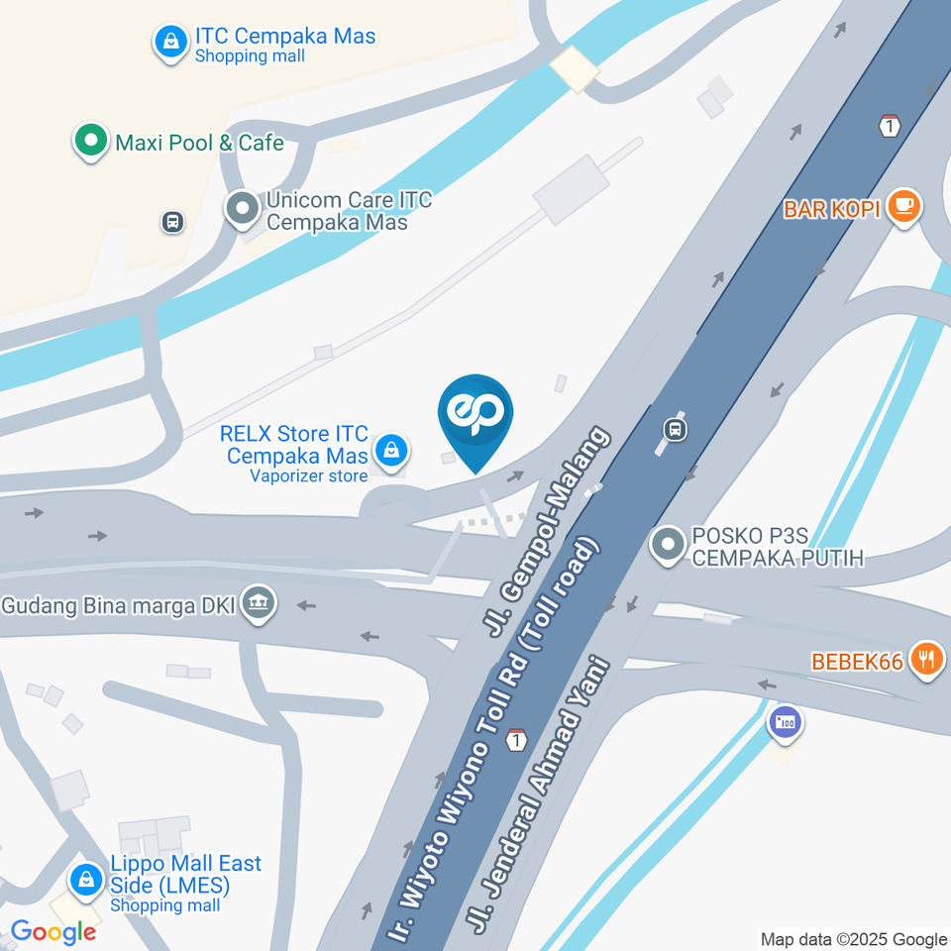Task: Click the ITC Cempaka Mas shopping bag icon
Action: coord(170,42)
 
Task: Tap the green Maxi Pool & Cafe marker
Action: coord(91,142)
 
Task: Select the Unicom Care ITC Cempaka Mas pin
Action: coord(241,209)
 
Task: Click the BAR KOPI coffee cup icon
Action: coord(902,207)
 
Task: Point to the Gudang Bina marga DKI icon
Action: coord(260,601)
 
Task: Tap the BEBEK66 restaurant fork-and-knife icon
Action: coord(926,659)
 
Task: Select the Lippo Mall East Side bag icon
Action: coord(86,879)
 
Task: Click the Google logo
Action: coord(53,931)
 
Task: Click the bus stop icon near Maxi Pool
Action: coord(172,222)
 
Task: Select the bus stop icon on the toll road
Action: coord(675,429)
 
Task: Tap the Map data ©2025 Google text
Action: coord(853,939)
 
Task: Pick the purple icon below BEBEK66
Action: coord(786,721)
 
